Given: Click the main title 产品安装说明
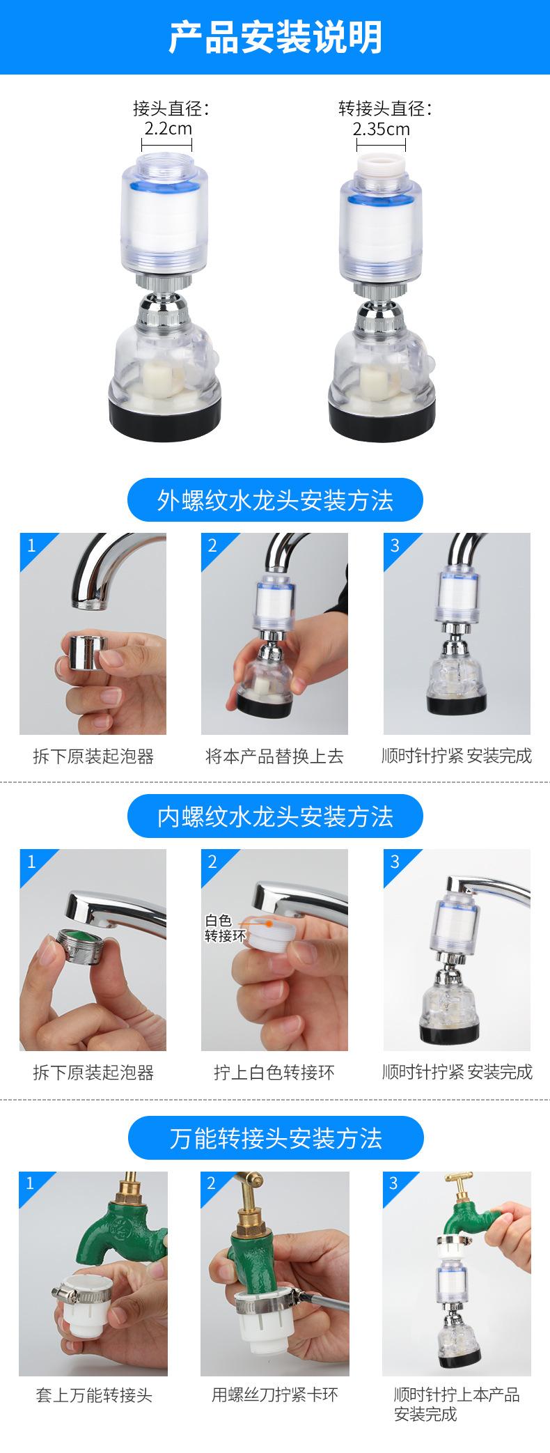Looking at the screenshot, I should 275,36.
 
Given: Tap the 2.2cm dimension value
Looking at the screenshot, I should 168,129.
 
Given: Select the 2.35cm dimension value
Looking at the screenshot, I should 381,129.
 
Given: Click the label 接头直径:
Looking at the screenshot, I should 171,109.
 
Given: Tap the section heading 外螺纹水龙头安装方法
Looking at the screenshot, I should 275,500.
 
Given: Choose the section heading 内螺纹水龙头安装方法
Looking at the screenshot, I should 275,816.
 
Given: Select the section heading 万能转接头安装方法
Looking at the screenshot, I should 275,1138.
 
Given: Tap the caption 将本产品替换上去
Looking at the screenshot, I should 274,756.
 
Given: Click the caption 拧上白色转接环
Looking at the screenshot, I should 274,1072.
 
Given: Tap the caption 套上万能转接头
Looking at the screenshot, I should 93,1395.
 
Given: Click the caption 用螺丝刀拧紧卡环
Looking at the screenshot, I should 274,1395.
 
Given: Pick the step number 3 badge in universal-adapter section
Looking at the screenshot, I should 394,1183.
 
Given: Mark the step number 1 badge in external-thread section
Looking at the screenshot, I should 31,545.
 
